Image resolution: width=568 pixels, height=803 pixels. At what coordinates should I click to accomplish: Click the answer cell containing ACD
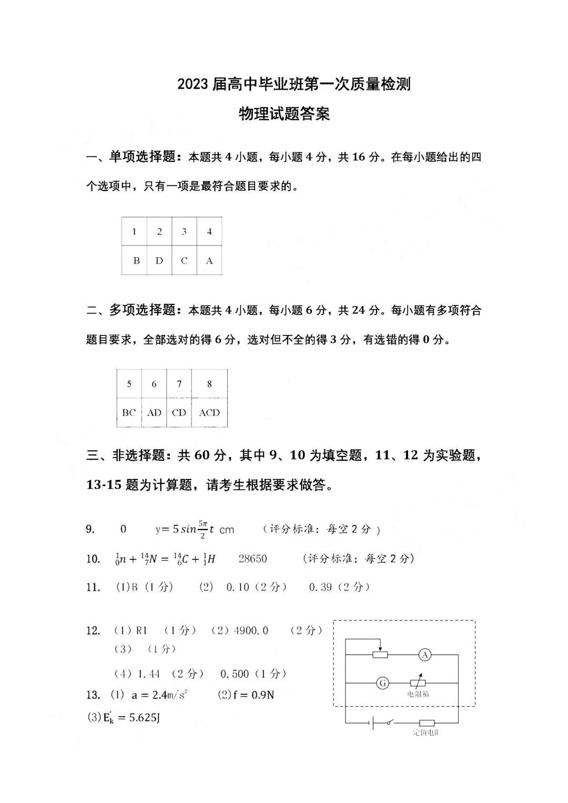[x=209, y=413]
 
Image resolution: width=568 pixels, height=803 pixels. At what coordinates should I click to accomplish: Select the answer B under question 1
[x=136, y=260]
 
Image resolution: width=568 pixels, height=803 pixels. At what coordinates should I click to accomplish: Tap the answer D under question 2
[x=159, y=260]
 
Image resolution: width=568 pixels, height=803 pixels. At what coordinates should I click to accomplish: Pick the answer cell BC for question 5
[x=129, y=413]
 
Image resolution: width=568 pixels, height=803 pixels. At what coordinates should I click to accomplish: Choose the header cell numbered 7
[x=179, y=384]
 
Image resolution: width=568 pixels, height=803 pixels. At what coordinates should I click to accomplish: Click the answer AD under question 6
[x=154, y=413]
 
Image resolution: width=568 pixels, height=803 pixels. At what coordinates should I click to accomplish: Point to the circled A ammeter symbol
[x=425, y=655]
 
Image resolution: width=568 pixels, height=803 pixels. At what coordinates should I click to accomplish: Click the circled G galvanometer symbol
[x=383, y=683]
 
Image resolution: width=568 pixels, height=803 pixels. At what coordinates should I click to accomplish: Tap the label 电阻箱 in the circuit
[x=418, y=694]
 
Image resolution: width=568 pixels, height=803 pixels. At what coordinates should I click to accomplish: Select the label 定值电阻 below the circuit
[x=426, y=733]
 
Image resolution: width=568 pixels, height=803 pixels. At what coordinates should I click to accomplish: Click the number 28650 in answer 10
[x=252, y=558]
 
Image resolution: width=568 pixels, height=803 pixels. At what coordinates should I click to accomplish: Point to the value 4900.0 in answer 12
[x=250, y=630]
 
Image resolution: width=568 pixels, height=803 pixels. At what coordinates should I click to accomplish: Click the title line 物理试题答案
[x=284, y=114]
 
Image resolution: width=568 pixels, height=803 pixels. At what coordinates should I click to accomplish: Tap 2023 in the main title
[x=192, y=84]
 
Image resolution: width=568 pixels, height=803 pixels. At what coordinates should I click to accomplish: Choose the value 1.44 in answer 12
[x=149, y=674]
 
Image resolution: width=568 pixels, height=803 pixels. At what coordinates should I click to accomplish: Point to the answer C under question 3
[x=184, y=260]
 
